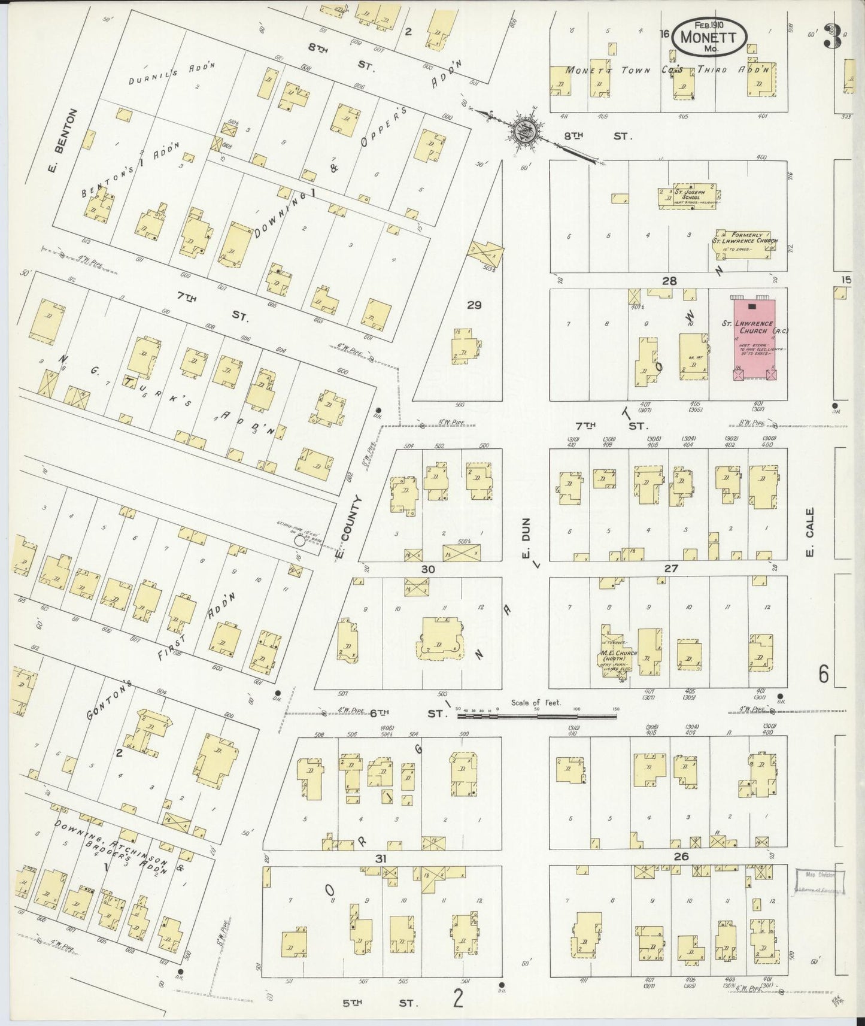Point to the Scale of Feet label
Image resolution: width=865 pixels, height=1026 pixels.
(536, 702)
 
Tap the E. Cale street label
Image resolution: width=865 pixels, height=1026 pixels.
(809, 532)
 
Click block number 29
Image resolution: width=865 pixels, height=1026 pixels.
(474, 305)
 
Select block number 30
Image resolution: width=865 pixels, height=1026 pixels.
(427, 569)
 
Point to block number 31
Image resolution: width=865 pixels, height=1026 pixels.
(381, 858)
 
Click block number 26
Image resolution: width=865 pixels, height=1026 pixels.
(681, 857)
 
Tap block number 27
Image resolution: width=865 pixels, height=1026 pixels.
(671, 568)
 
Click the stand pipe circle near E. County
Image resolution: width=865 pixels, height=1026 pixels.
(299, 541)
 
